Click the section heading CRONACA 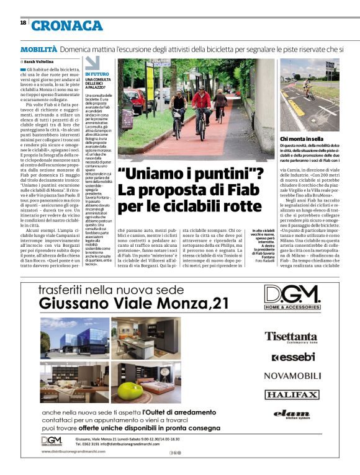pyautogui.click(x=67, y=25)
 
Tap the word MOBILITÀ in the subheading pyautogui.click(x=38, y=48)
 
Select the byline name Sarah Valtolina pyautogui.click(x=38, y=62)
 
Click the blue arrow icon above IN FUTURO pyautogui.click(x=92, y=63)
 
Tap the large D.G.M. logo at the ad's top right pyautogui.click(x=292, y=295)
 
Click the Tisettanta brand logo pyautogui.click(x=290, y=336)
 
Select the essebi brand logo pyautogui.click(x=292, y=358)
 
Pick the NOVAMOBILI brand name pyautogui.click(x=292, y=376)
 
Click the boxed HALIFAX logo pyautogui.click(x=292, y=394)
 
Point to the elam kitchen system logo pyautogui.click(x=292, y=414)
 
